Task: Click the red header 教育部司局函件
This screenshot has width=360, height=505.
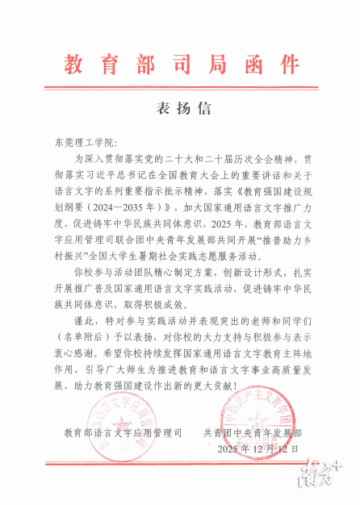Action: coord(180,63)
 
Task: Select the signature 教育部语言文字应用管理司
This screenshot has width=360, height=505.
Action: coord(123,432)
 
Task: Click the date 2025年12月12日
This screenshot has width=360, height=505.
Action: coord(257,449)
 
